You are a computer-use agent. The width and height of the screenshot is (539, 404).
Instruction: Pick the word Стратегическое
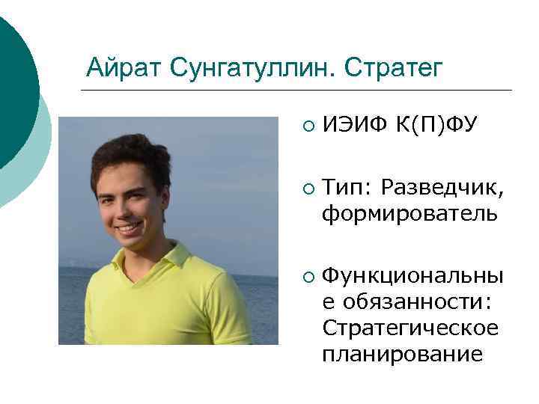[x=409, y=328]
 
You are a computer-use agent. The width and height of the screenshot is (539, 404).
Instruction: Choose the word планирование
[x=403, y=352]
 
